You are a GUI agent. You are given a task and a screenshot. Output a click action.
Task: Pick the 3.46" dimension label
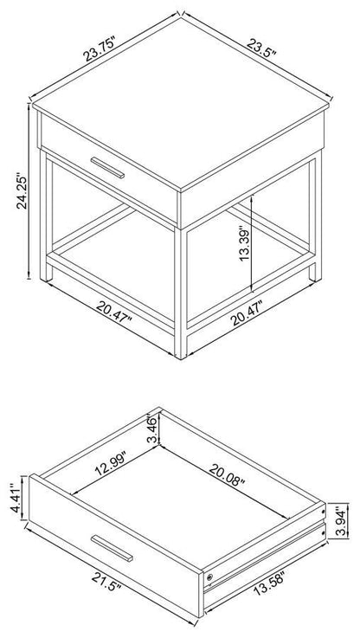pos(153,429)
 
